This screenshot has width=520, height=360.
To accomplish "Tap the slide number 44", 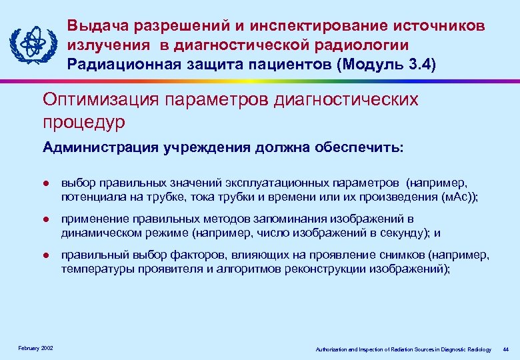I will pos(505,349).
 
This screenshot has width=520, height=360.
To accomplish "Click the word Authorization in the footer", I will pos(333,349).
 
